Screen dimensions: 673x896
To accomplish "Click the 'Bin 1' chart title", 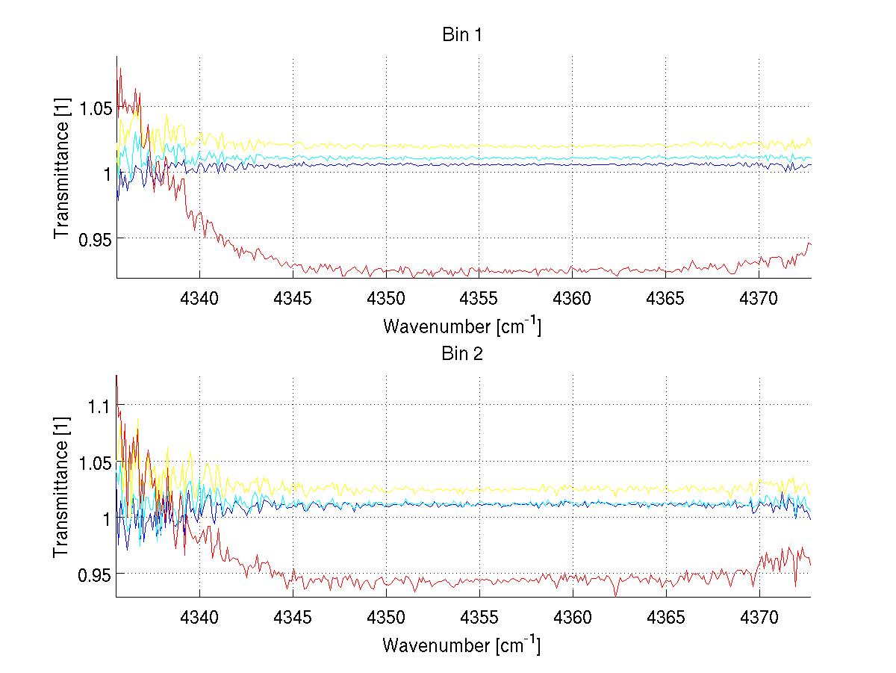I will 461,35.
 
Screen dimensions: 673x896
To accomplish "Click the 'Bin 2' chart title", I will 461,354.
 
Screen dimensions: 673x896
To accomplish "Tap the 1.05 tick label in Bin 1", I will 95,108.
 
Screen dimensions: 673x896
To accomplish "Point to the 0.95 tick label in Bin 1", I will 95,238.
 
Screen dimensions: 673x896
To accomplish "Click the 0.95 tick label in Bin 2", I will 95,574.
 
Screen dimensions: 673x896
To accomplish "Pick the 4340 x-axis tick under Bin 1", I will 199,297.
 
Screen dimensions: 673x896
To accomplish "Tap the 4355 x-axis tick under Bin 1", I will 479,297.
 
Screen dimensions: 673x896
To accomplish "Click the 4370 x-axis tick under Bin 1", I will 759,297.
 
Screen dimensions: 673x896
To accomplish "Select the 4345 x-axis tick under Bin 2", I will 293,616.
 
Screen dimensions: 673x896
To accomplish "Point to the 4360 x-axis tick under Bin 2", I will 573,616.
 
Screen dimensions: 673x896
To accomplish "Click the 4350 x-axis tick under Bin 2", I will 386,616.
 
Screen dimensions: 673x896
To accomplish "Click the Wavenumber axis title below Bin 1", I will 461,326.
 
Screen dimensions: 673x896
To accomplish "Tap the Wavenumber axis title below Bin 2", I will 461,645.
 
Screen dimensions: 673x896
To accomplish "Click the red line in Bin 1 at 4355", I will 479,270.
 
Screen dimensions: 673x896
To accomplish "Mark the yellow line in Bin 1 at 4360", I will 573,146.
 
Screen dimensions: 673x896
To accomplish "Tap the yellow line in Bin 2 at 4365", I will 666,491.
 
